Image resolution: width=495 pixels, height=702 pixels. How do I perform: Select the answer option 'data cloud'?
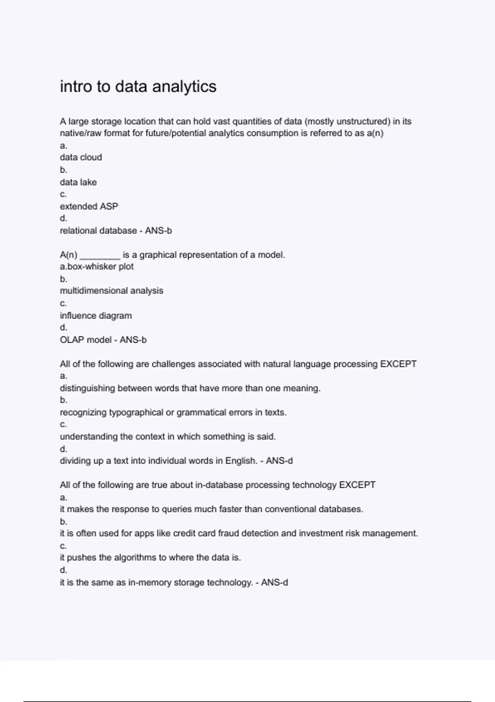(x=81, y=157)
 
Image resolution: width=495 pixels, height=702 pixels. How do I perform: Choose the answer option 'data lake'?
(x=78, y=182)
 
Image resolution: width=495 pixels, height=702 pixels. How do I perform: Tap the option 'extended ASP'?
(x=89, y=206)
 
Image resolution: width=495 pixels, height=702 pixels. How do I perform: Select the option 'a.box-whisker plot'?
(x=97, y=266)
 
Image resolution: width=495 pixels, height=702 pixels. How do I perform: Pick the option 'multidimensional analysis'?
(x=111, y=291)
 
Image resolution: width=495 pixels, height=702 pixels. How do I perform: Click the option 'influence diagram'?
(x=96, y=315)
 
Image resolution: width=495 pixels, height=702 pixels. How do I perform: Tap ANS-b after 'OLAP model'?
(x=133, y=340)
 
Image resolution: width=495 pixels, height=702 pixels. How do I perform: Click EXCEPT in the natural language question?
(x=398, y=364)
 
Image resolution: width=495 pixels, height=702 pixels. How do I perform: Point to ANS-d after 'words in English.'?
(x=279, y=461)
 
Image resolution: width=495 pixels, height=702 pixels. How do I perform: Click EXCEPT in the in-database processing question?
(x=357, y=485)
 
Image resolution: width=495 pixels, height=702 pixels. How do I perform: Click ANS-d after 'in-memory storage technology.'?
(x=274, y=583)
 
